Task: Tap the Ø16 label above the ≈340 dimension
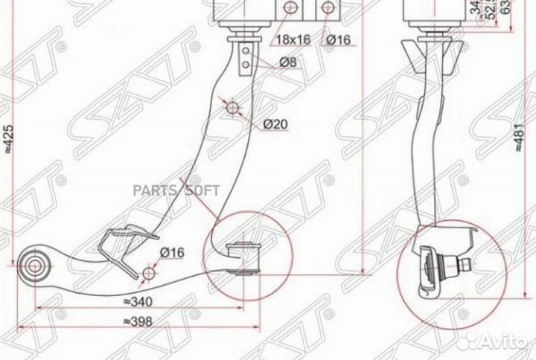tap(170, 251)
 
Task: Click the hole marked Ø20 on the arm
tap(233, 109)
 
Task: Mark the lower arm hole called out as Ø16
tap(149, 274)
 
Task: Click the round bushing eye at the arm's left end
tap(35, 263)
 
